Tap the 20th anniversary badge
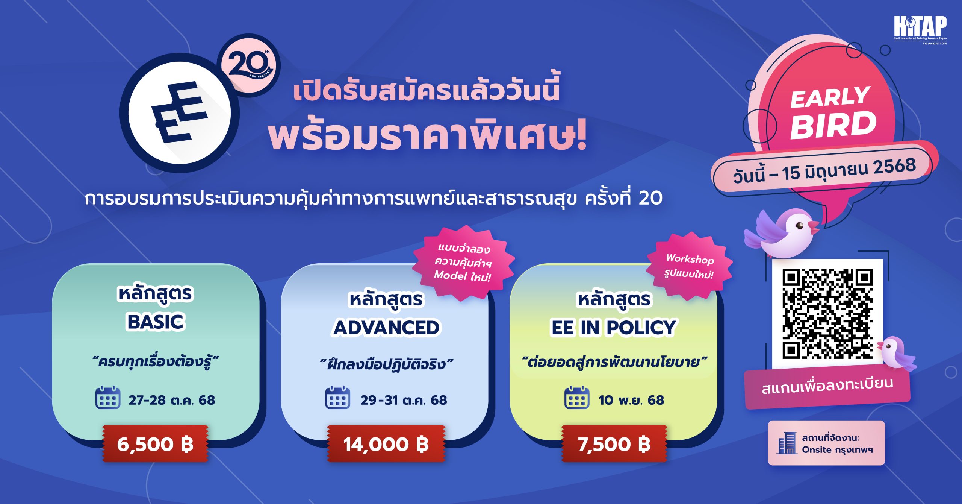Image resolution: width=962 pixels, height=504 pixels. point(249,65)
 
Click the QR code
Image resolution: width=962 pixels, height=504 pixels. point(827,314)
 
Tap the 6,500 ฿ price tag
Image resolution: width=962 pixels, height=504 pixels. point(155,444)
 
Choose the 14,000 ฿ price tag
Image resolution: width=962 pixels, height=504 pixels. point(386,444)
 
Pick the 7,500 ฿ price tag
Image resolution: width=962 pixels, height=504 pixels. point(614,444)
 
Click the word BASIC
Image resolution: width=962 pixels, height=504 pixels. point(156,322)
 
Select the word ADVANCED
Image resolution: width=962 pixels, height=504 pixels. point(387,328)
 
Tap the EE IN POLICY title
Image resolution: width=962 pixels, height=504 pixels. point(613,328)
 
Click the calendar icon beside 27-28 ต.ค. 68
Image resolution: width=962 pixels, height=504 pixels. point(108,398)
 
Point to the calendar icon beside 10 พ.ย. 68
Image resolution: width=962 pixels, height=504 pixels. point(577,398)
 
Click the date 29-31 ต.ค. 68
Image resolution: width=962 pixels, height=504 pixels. point(404,400)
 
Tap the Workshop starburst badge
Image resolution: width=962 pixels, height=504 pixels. point(690,266)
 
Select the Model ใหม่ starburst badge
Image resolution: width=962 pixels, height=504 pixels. point(463,263)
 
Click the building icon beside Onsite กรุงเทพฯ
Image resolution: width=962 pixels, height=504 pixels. point(787,443)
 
